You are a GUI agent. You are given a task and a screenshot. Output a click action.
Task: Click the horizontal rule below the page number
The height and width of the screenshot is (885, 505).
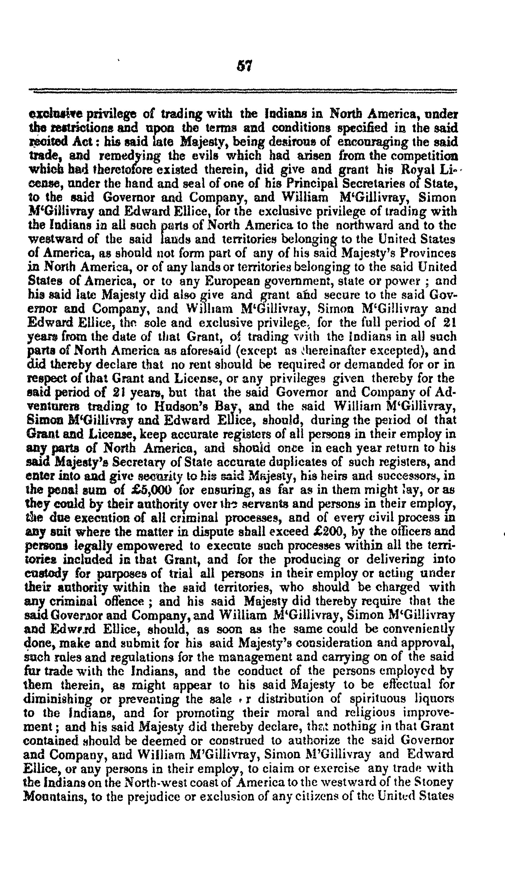(x=243, y=91)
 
